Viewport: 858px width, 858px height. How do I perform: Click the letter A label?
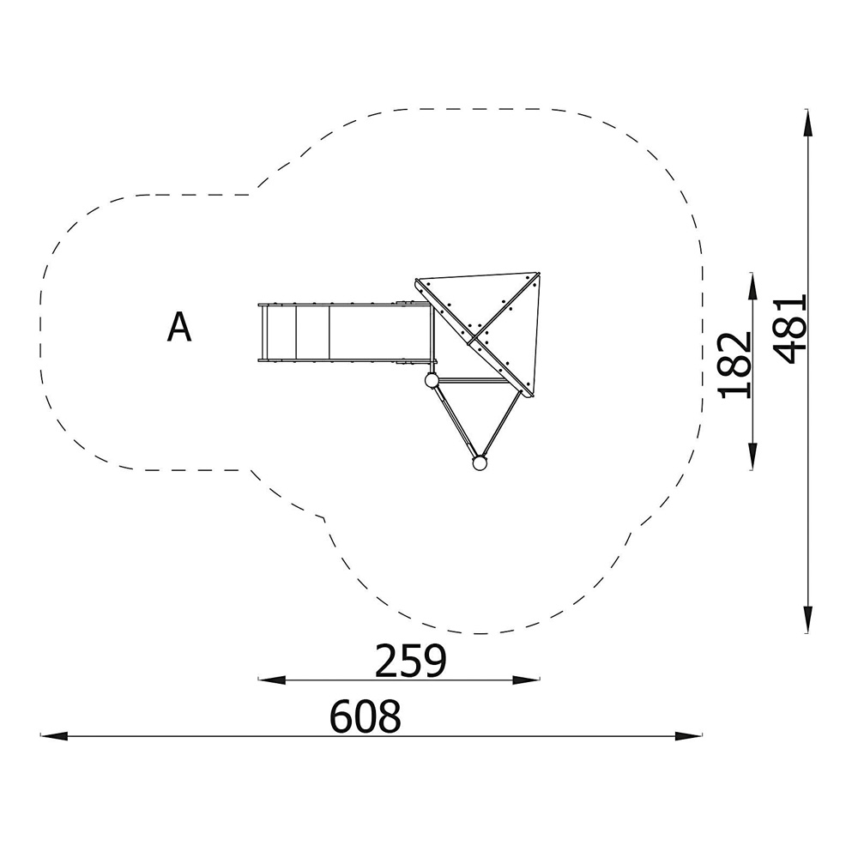179,327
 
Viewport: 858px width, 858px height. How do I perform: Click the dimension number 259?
410,661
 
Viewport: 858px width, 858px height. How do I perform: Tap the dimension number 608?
365,716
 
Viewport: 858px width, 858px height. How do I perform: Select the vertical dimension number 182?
735,365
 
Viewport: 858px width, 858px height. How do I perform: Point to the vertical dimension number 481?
791,329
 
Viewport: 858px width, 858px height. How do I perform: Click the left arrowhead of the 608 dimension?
53,736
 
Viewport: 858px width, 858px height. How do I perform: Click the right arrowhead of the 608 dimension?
688,736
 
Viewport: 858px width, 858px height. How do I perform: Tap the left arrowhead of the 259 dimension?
271,680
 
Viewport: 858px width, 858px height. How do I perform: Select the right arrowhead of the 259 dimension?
526,680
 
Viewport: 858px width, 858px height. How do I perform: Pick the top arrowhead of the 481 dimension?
807,123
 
